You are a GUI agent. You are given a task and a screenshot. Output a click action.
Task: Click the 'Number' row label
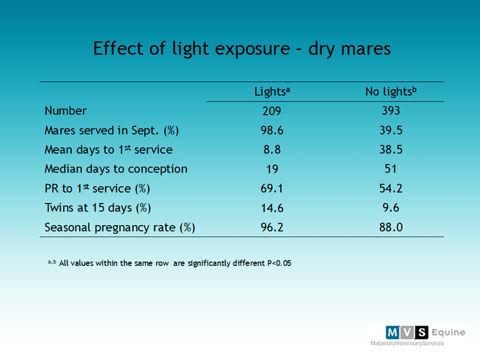[x=65, y=111]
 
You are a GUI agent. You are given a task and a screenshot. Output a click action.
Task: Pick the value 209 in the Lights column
[x=272, y=111]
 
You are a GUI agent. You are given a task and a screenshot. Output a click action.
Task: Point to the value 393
[x=390, y=111]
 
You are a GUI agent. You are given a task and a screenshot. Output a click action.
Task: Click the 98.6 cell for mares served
[x=272, y=130]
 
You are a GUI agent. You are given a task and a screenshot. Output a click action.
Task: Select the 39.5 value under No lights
[x=390, y=130]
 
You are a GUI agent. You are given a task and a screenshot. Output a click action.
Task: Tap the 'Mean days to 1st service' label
[x=109, y=149]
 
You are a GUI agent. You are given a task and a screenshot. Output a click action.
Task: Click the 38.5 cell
[x=390, y=149]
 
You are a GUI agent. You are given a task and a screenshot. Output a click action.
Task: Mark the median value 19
[x=272, y=169]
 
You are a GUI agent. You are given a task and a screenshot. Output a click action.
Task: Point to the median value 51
[x=390, y=169]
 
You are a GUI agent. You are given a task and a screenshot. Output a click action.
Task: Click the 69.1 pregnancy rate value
[x=272, y=188]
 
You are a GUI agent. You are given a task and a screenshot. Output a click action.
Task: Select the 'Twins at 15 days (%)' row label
[x=98, y=208]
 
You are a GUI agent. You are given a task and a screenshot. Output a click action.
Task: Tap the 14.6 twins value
[x=272, y=208]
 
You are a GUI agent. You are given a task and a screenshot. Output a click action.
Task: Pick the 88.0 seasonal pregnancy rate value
[x=390, y=227]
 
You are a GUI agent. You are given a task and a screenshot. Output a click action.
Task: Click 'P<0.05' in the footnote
[x=274, y=263]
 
